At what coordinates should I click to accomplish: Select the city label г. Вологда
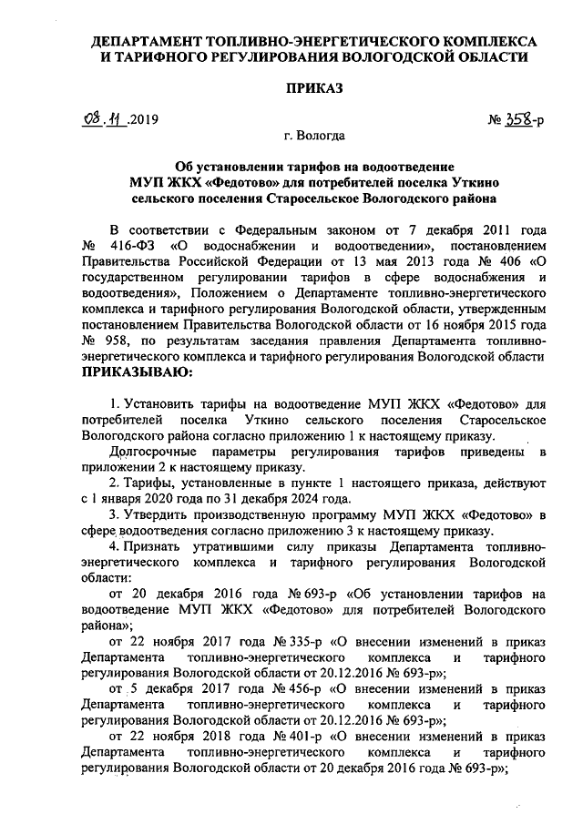(x=313, y=136)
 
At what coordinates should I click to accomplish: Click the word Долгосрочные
(x=149, y=451)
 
